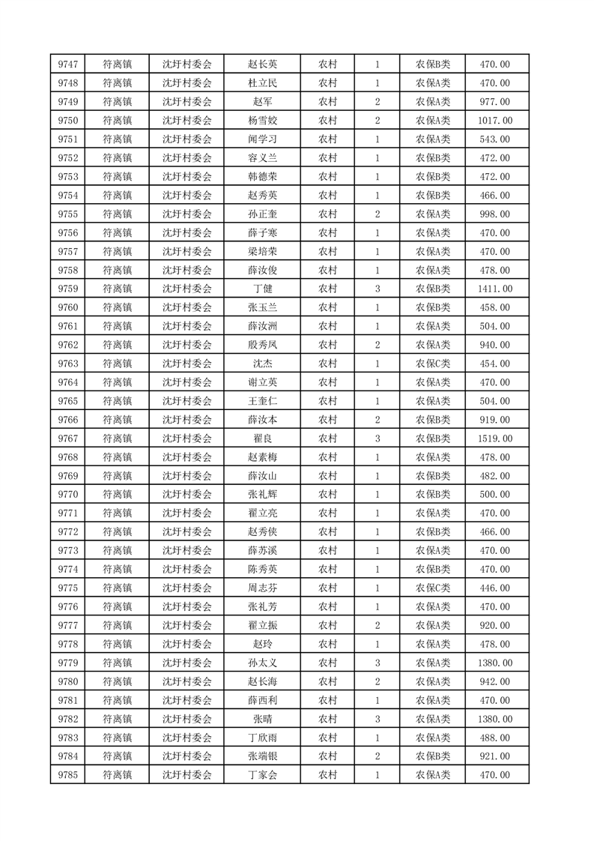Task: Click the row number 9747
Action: pyautogui.click(x=68, y=64)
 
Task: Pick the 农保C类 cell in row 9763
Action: pyautogui.click(x=433, y=364)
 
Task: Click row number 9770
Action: pyautogui.click(x=68, y=495)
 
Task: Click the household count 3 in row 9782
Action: pyautogui.click(x=377, y=719)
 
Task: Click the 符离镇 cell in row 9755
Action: pyautogui.click(x=117, y=214)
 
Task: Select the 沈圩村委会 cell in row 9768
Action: pyautogui.click(x=187, y=457)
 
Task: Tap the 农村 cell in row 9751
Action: pyautogui.click(x=327, y=139)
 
